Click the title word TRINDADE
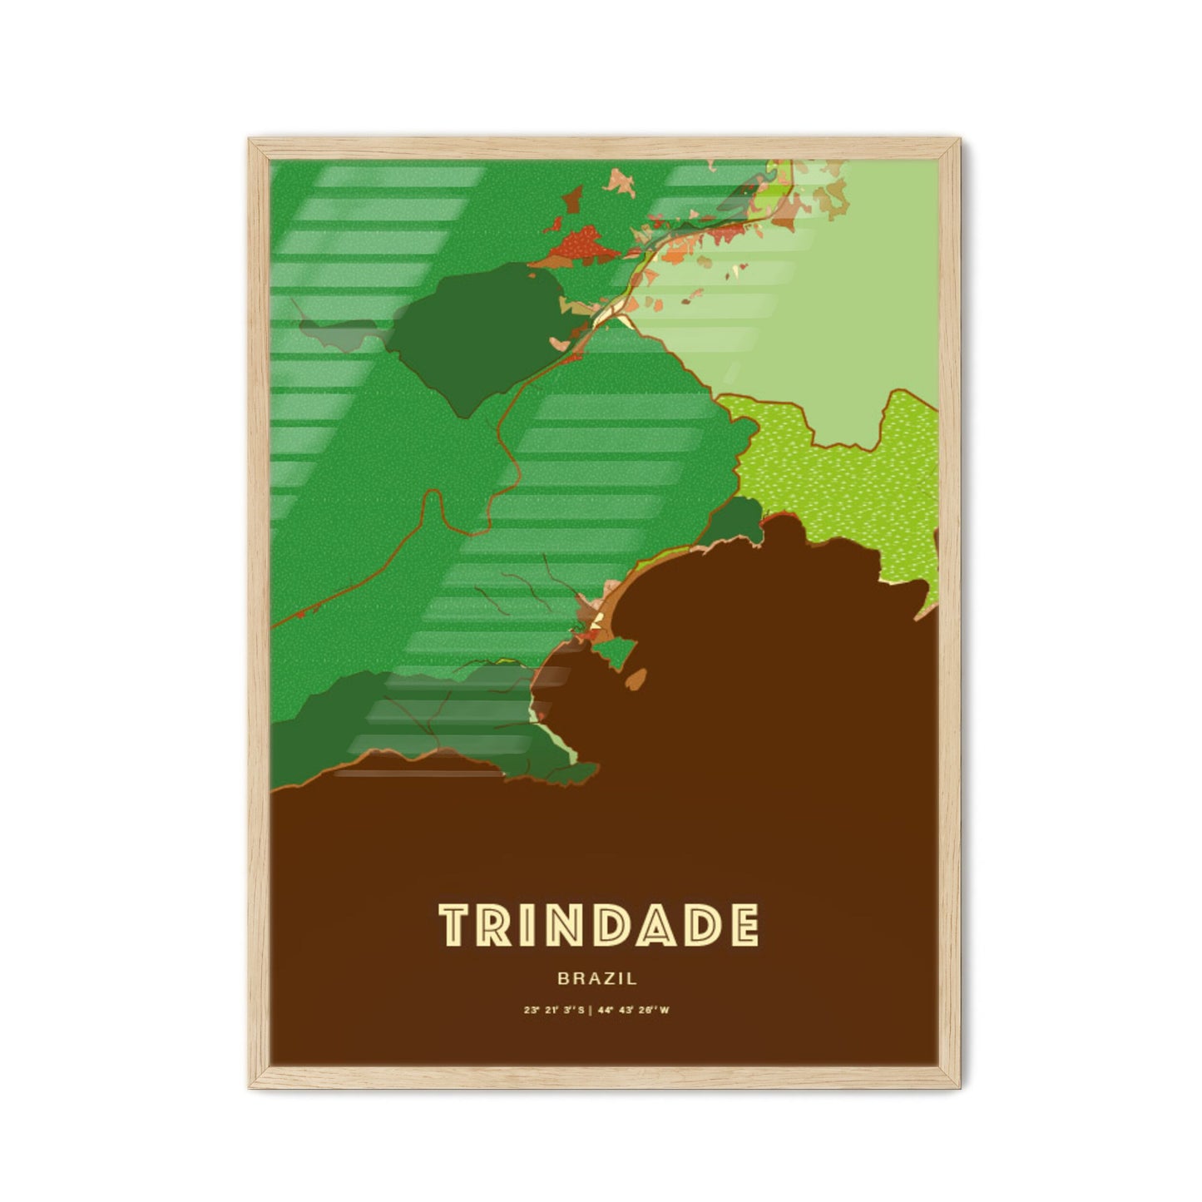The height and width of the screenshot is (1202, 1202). (598, 925)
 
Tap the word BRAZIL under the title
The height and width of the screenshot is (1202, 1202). (598, 979)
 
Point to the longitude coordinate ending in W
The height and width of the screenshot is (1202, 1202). (639, 1011)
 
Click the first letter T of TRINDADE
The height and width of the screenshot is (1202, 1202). (456, 925)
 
